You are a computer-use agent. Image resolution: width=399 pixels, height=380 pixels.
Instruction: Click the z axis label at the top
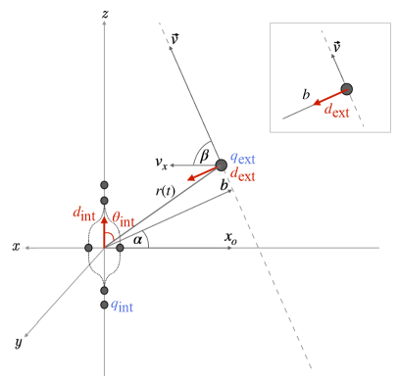[x=104, y=14]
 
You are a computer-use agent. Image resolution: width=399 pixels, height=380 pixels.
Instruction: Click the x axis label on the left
[x=17, y=248]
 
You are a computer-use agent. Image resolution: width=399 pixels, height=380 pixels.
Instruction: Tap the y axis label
[x=20, y=343]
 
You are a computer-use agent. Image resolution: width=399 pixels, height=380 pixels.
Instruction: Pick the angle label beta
[x=203, y=155]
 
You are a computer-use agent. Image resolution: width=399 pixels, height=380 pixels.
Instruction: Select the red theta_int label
[x=126, y=214]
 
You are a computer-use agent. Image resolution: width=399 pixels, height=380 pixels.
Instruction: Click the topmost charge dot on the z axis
[x=104, y=184]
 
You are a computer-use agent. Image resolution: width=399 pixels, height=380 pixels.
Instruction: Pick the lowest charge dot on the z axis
[x=104, y=306]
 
